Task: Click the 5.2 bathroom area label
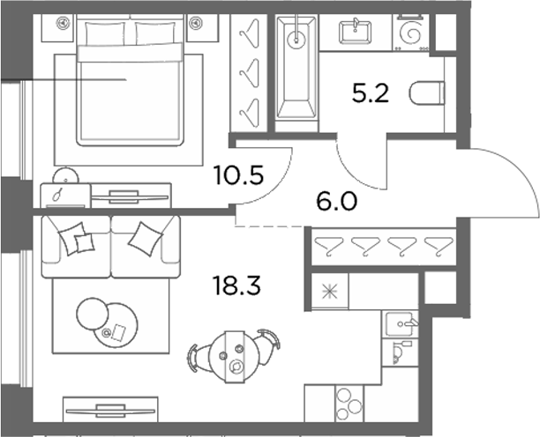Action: pos(371,93)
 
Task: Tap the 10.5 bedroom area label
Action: pos(238,175)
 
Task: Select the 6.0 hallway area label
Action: pos(336,202)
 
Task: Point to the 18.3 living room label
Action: pos(237,286)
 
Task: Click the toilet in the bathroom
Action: pos(427,93)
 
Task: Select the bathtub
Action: pos(296,68)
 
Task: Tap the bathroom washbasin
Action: pos(355,33)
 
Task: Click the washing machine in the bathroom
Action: pos(411,33)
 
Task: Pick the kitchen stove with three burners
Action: pos(349,404)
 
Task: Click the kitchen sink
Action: pos(401,324)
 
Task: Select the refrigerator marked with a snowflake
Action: pos(330,292)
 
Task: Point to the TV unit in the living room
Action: pos(110,410)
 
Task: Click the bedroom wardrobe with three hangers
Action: pos(249,73)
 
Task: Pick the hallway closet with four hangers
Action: pos(385,247)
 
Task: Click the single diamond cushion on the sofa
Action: pos(146,239)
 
